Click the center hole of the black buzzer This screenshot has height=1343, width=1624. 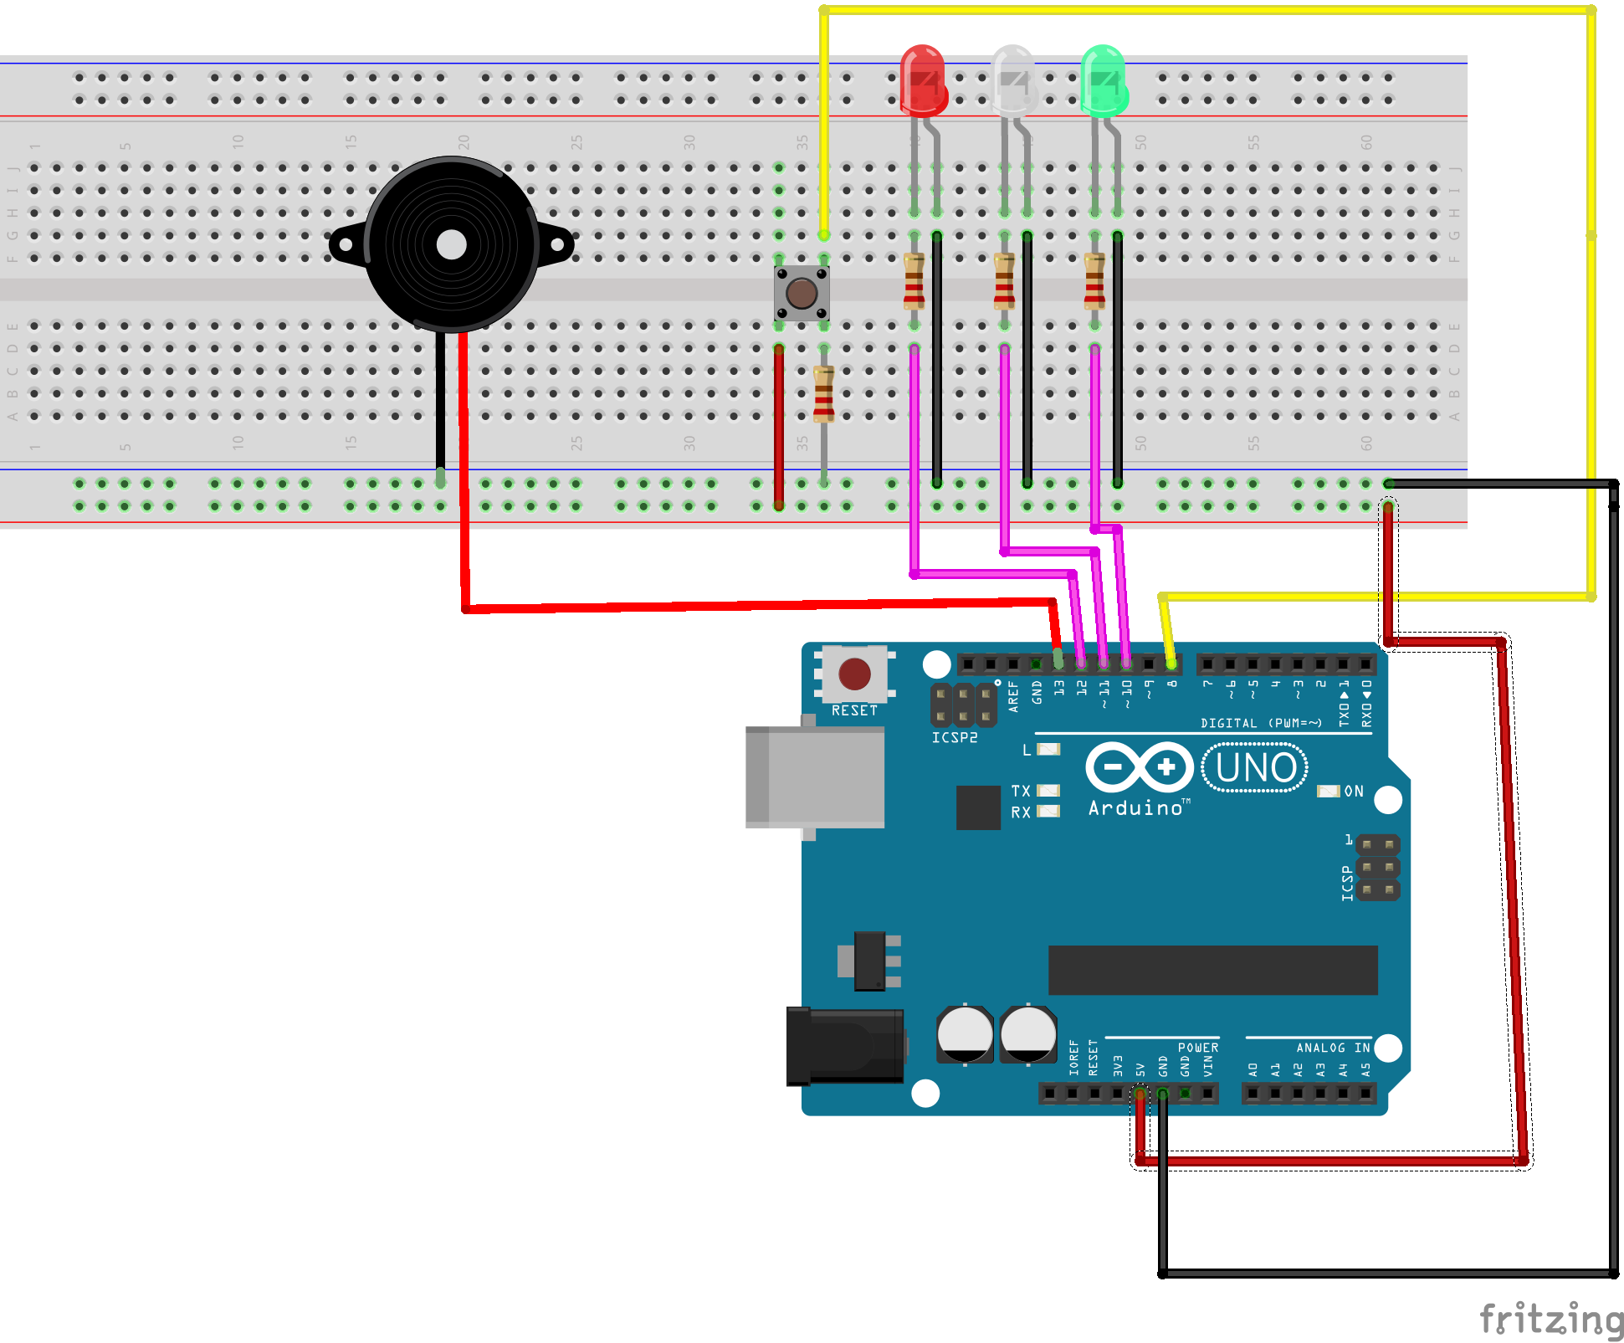click(x=452, y=244)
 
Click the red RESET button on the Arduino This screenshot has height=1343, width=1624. click(x=854, y=674)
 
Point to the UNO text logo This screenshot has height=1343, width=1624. click(x=1255, y=768)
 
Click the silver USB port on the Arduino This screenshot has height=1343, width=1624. click(x=816, y=777)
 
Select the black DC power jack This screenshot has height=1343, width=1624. click(x=845, y=1046)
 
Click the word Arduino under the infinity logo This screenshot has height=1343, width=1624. click(x=1135, y=808)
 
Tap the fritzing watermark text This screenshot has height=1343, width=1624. click(x=1550, y=1320)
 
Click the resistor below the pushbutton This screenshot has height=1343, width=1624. click(x=824, y=394)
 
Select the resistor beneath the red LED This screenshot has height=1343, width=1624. click(x=914, y=281)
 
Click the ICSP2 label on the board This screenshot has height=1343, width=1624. click(x=955, y=738)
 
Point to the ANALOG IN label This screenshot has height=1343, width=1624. click(x=1333, y=1048)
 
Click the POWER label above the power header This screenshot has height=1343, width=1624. click(x=1198, y=1048)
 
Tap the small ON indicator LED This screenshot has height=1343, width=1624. click(x=1328, y=792)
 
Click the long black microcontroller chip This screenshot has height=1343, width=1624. click(x=1212, y=970)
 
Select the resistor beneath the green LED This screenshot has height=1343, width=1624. click(x=1094, y=281)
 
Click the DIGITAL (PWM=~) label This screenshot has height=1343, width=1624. click(x=1261, y=723)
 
